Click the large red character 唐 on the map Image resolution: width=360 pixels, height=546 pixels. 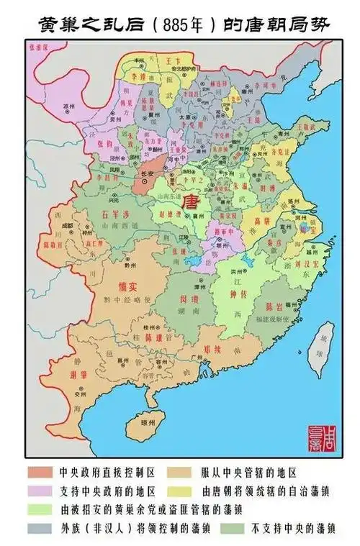(192, 199)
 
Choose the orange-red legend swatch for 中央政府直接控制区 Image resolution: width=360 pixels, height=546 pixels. (41, 473)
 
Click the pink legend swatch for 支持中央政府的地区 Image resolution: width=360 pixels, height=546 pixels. (41, 491)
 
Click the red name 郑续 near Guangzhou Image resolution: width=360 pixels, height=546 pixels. (211, 350)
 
